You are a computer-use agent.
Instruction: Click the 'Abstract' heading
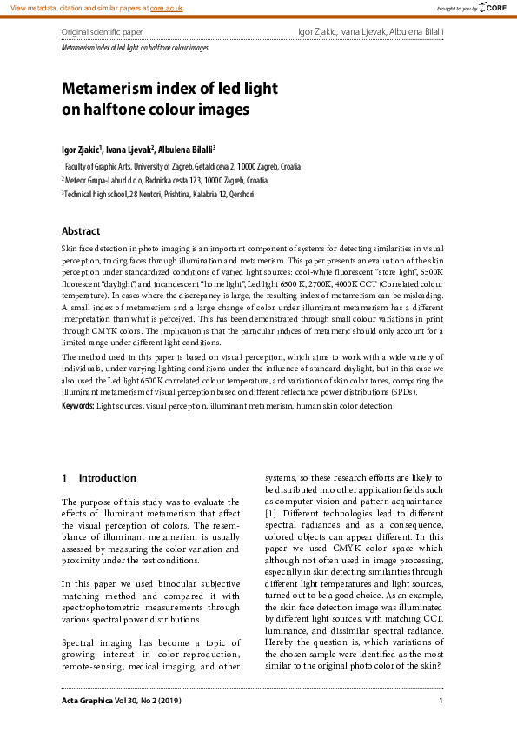(81, 231)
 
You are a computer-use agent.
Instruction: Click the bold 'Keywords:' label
(77, 406)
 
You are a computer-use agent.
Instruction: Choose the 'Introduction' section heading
(107, 478)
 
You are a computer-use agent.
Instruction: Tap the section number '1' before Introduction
(64, 478)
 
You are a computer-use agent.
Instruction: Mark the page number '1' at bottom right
(441, 701)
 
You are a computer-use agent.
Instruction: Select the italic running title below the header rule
(135, 48)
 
